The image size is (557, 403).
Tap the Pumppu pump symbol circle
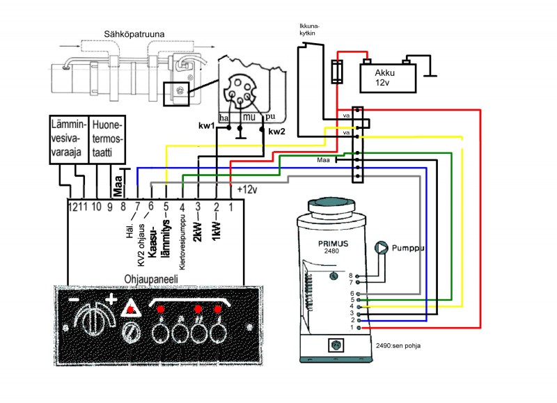pyautogui.click(x=381, y=248)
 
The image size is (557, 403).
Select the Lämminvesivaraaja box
pyautogui.click(x=68, y=139)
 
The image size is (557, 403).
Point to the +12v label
pyautogui.click(x=248, y=189)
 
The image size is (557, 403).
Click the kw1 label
pyautogui.click(x=206, y=127)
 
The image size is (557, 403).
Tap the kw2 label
pyautogui.click(x=277, y=130)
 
